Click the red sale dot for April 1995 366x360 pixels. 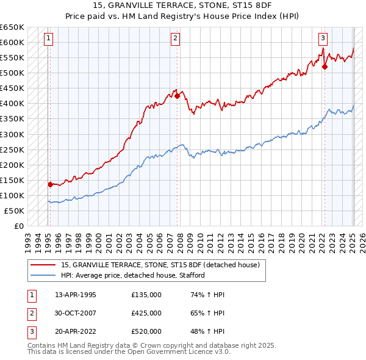coord(50,184)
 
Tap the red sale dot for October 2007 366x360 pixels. coord(177,95)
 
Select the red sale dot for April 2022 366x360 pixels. coord(325,67)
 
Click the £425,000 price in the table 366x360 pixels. coord(146,313)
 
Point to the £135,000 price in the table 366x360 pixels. coord(146,294)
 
